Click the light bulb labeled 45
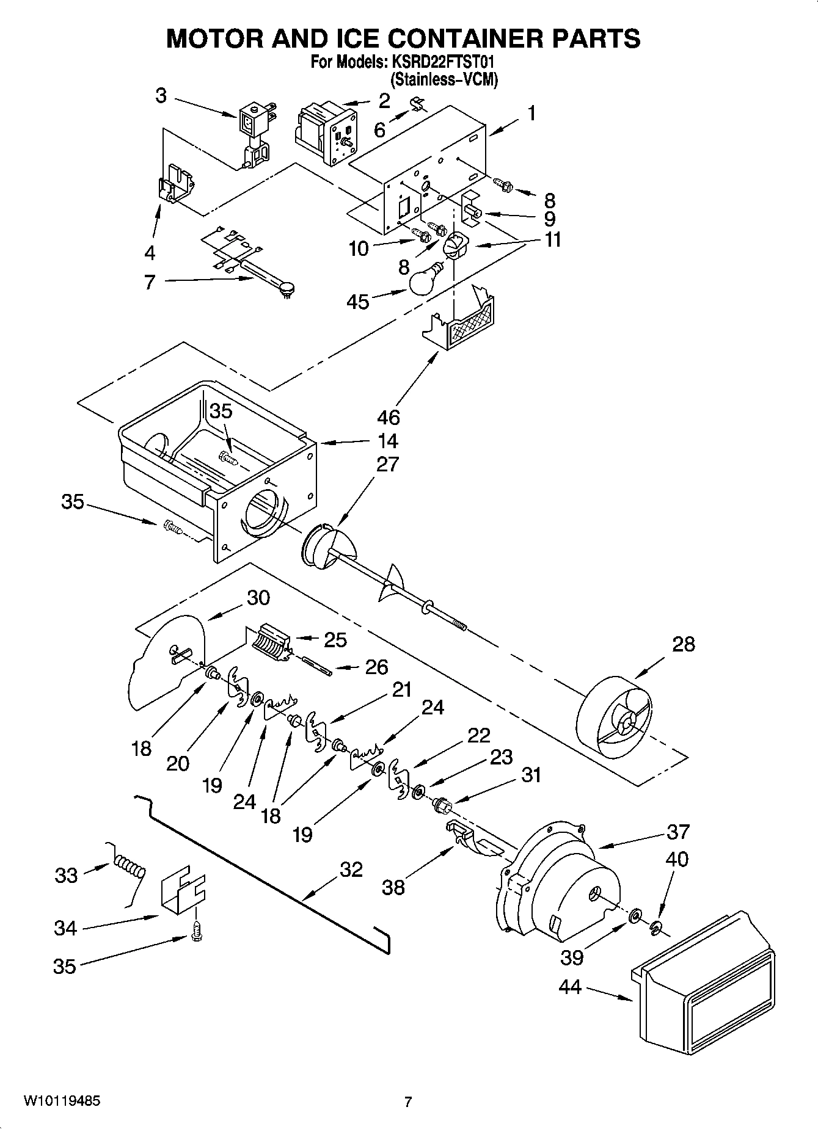(423, 280)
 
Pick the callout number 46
(389, 417)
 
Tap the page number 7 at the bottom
(408, 1102)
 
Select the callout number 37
(678, 832)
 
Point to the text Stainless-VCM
(444, 79)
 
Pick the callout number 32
(351, 869)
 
